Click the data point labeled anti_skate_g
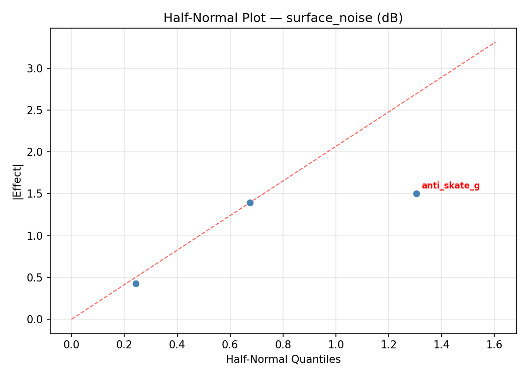tap(416, 194)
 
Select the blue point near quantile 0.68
tap(250, 203)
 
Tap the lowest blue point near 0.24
tap(136, 284)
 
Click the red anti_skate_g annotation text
tap(451, 186)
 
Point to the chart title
tap(283, 18)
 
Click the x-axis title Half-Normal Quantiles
tap(283, 359)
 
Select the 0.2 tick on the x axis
tap(124, 344)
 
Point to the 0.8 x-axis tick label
tap(283, 344)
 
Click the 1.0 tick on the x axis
tap(336, 344)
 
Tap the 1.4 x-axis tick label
tap(442, 344)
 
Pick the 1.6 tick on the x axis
tap(494, 344)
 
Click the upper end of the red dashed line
tap(495, 42)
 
